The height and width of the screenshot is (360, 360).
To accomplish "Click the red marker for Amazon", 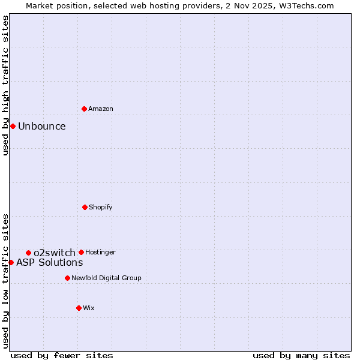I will (x=84, y=109).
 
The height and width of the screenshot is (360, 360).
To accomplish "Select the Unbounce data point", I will (x=13, y=126).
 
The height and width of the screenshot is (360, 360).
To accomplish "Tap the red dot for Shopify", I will (x=85, y=207).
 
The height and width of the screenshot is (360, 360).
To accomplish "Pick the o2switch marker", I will (x=28, y=253).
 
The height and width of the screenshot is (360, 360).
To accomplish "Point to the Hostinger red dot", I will (x=81, y=252).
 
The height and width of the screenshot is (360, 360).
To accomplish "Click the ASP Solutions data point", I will (x=11, y=262).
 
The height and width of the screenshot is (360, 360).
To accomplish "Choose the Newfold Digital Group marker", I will (x=67, y=278).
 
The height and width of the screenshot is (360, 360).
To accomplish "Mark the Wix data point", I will (x=79, y=308).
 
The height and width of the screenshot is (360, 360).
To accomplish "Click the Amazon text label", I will (x=101, y=109).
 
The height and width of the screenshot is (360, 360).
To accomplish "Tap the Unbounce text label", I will (x=42, y=126).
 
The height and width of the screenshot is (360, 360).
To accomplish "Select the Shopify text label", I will (x=101, y=207).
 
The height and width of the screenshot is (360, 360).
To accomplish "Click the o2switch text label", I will (x=55, y=253).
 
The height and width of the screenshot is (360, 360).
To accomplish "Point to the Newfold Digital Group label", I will (x=106, y=278).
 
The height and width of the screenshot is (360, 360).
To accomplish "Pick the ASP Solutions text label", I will (x=50, y=262).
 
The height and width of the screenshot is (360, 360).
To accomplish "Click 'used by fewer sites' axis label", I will (x=62, y=355).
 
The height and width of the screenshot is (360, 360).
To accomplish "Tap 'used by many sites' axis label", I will (x=301, y=355).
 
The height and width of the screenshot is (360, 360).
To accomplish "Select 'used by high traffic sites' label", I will (x=5, y=85).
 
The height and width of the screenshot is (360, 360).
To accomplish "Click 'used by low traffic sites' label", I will (x=5, y=280).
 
